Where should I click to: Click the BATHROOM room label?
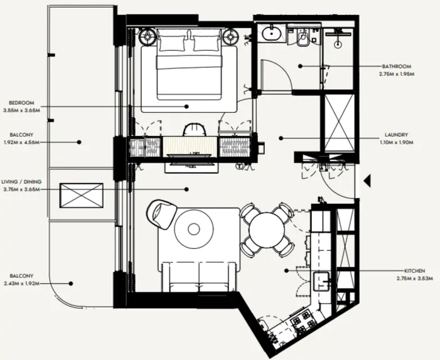coord(396,66)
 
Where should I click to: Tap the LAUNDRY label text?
coord(397,135)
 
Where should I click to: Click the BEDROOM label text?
coord(21,103)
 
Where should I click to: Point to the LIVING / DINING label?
coord(21,182)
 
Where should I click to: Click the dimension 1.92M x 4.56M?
coord(21,142)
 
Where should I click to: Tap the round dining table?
coord(267,230)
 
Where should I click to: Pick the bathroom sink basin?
coord(272,33)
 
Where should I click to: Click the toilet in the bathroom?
coord(302,39)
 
